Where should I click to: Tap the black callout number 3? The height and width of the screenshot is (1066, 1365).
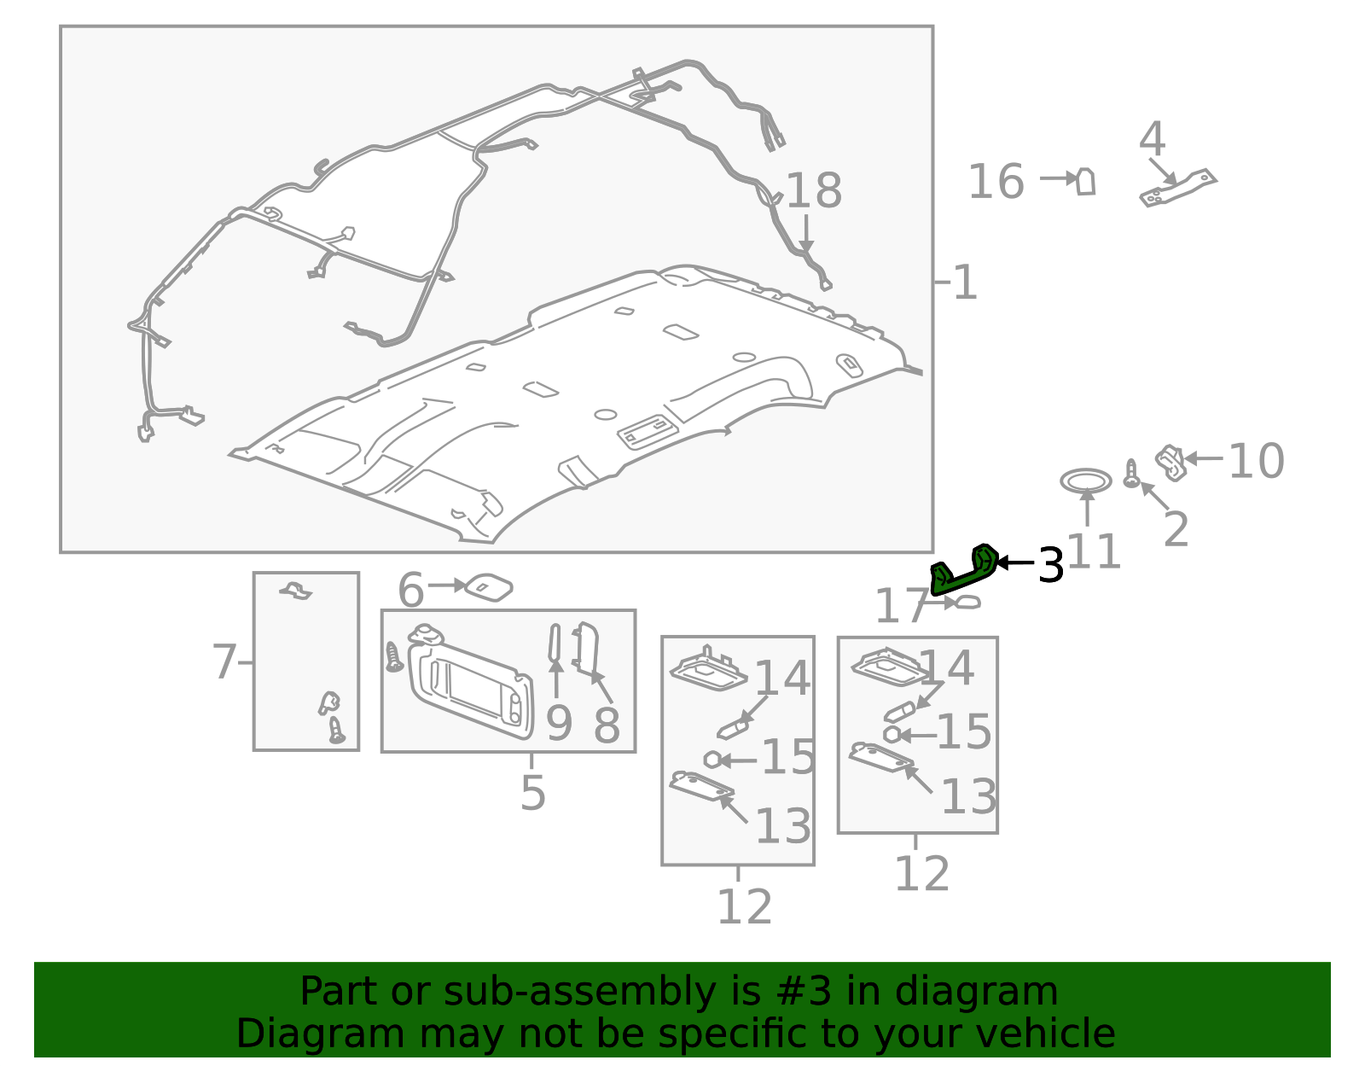[1051, 565]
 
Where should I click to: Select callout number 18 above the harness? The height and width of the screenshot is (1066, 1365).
[814, 190]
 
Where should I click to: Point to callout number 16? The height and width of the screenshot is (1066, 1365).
[996, 182]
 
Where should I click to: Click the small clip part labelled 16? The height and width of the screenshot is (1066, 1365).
[1086, 182]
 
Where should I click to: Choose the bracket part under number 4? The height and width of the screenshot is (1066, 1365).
[1178, 188]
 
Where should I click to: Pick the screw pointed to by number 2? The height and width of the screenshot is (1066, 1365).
[1131, 473]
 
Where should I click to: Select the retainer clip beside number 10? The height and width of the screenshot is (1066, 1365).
[1171, 463]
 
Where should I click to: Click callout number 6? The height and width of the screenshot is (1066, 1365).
[411, 591]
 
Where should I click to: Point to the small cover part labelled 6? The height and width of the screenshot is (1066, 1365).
[489, 587]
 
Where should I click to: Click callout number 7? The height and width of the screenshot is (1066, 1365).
[224, 662]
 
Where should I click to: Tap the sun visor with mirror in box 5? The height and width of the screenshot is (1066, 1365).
[470, 684]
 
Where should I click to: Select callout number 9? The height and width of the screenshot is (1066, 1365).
[559, 725]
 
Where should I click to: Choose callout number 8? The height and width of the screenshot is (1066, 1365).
[607, 725]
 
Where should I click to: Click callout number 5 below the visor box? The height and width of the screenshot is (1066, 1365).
[533, 794]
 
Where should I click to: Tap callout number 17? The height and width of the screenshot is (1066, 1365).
[902, 606]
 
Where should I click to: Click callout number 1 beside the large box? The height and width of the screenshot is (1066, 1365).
[965, 283]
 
